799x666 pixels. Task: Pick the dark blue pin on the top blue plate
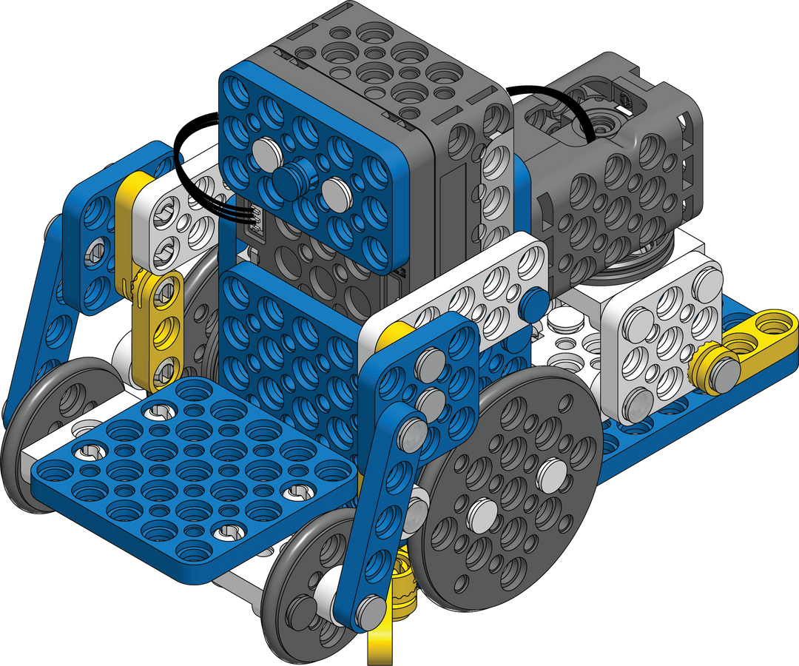click(291, 178)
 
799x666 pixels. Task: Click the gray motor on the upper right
click(614, 170)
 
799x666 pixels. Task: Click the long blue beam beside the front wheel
click(385, 518)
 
